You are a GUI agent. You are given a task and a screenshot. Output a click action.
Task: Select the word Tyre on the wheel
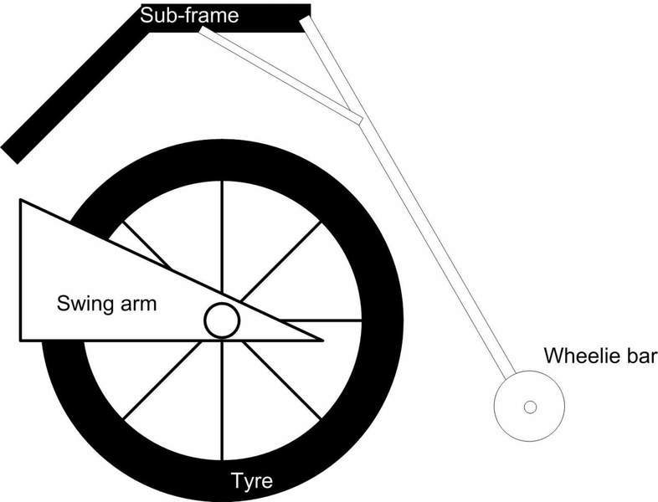[x=251, y=481]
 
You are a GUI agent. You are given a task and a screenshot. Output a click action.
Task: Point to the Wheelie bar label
[x=599, y=356]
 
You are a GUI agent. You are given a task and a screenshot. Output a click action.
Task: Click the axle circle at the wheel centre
[x=223, y=320]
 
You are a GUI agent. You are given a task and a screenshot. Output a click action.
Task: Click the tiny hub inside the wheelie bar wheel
[x=529, y=407]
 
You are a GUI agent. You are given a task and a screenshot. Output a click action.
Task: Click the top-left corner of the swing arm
[x=21, y=201]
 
